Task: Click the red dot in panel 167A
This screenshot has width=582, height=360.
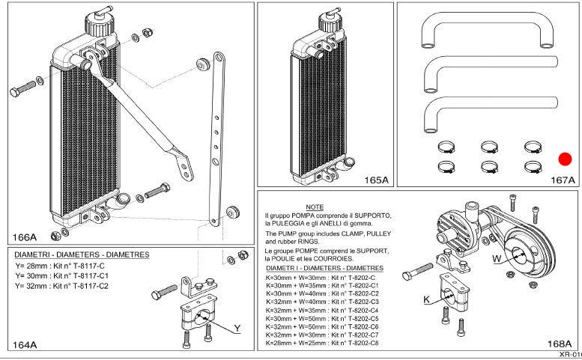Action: [565, 159]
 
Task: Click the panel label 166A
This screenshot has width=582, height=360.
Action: [25, 237]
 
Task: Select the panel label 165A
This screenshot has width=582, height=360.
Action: [375, 180]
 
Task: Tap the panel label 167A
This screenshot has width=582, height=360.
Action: [562, 180]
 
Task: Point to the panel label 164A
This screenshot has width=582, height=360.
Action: [25, 344]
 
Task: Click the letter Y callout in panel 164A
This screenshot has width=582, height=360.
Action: [237, 329]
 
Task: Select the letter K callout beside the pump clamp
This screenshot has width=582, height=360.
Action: [426, 299]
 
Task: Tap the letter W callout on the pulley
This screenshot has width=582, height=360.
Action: [496, 258]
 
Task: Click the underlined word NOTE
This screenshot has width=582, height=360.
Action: [315, 206]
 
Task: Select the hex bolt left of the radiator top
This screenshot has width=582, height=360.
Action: [21, 91]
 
